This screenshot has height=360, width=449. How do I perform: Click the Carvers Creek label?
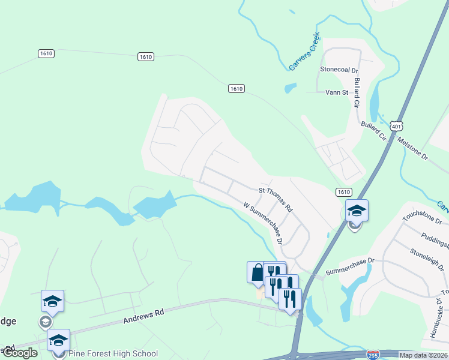pos(305,51)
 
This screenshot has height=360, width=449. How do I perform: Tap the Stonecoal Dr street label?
pos(337,69)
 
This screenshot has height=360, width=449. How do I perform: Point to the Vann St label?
pos(336,92)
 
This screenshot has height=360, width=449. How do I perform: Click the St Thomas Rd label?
pos(275,199)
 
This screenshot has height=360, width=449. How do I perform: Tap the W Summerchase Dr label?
pos(263,223)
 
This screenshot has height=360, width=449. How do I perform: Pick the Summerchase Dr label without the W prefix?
pos(349,267)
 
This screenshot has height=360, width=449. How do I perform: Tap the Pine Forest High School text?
pos(113,353)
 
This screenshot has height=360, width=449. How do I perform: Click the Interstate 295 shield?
pos(373,355)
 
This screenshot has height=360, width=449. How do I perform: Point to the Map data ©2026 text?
pos(423,355)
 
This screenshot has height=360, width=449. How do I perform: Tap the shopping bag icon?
pos(257,272)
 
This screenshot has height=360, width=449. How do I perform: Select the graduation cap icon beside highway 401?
pos(357,211)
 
